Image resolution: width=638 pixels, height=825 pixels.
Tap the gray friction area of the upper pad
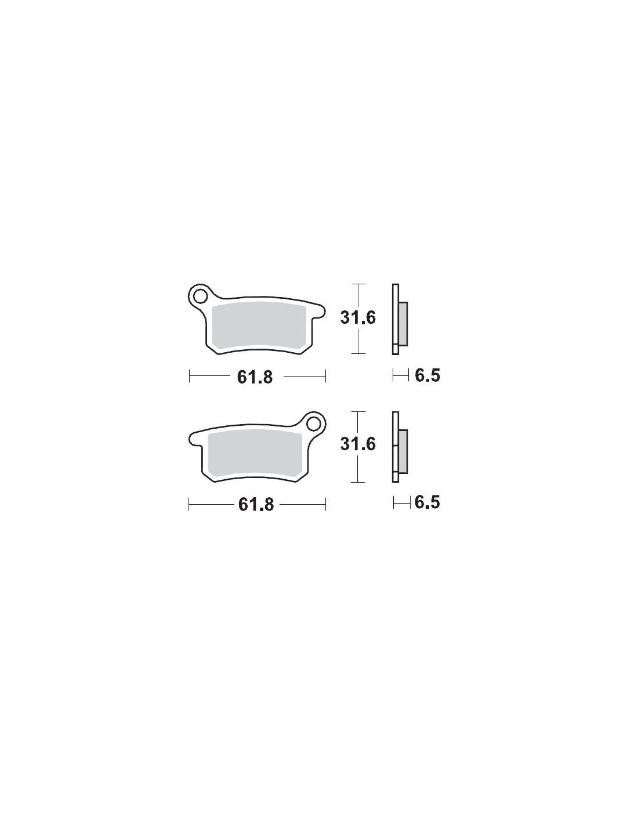(x=259, y=327)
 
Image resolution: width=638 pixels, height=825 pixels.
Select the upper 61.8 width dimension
(x=255, y=377)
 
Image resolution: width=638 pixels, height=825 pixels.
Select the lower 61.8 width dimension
(x=256, y=505)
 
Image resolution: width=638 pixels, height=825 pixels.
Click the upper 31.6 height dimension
(x=358, y=318)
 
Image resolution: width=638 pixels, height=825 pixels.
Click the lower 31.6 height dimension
(x=358, y=444)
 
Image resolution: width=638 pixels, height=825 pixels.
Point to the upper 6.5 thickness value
(x=427, y=376)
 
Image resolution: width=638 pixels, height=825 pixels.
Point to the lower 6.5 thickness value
(x=427, y=502)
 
